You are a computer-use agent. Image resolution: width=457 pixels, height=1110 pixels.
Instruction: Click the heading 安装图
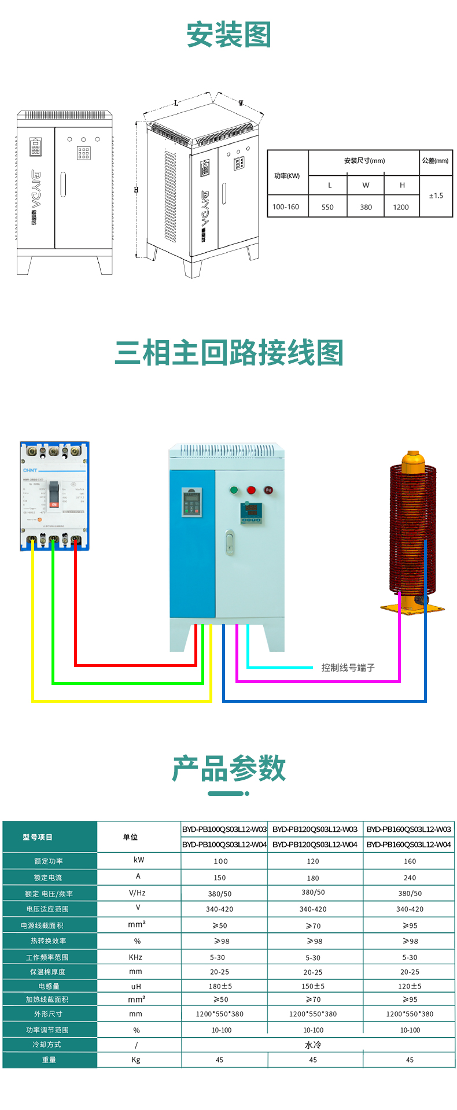pyautogui.click(x=228, y=35)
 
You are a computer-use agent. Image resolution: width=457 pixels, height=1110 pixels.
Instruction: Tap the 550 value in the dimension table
pyautogui.click(x=327, y=207)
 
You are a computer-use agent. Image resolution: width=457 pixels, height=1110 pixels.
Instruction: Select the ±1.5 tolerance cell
pyautogui.click(x=436, y=196)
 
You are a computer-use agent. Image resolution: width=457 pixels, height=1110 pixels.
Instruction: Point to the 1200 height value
pyautogui.click(x=401, y=207)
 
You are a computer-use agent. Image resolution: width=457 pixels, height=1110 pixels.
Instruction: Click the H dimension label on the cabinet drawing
pyautogui.click(x=137, y=190)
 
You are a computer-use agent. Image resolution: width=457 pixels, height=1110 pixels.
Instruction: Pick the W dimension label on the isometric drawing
pyautogui.click(x=241, y=104)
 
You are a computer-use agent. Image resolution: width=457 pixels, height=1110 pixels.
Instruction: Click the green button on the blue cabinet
pyautogui.click(x=234, y=490)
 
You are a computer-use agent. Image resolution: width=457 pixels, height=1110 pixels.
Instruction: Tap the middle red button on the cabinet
pyautogui.click(x=251, y=490)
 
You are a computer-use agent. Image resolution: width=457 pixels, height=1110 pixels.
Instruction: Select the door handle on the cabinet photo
pyautogui.click(x=230, y=542)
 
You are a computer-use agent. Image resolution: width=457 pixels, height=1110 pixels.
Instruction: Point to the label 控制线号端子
pyautogui.click(x=348, y=668)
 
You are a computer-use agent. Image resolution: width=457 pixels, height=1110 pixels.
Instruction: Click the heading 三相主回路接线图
pyautogui.click(x=228, y=353)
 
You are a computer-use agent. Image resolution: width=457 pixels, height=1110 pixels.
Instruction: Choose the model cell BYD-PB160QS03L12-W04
pyautogui.click(x=408, y=845)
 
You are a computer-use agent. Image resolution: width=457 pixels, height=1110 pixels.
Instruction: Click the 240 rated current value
pyautogui.click(x=410, y=877)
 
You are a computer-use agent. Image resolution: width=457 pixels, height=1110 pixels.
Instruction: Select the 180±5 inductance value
pyautogui.click(x=220, y=986)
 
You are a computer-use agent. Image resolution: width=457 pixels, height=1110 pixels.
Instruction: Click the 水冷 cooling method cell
pyautogui.click(x=313, y=1045)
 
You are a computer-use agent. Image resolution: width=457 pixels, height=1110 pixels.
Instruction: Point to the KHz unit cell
pyautogui.click(x=136, y=957)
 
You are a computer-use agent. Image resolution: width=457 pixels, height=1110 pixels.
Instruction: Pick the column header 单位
pyautogui.click(x=130, y=837)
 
